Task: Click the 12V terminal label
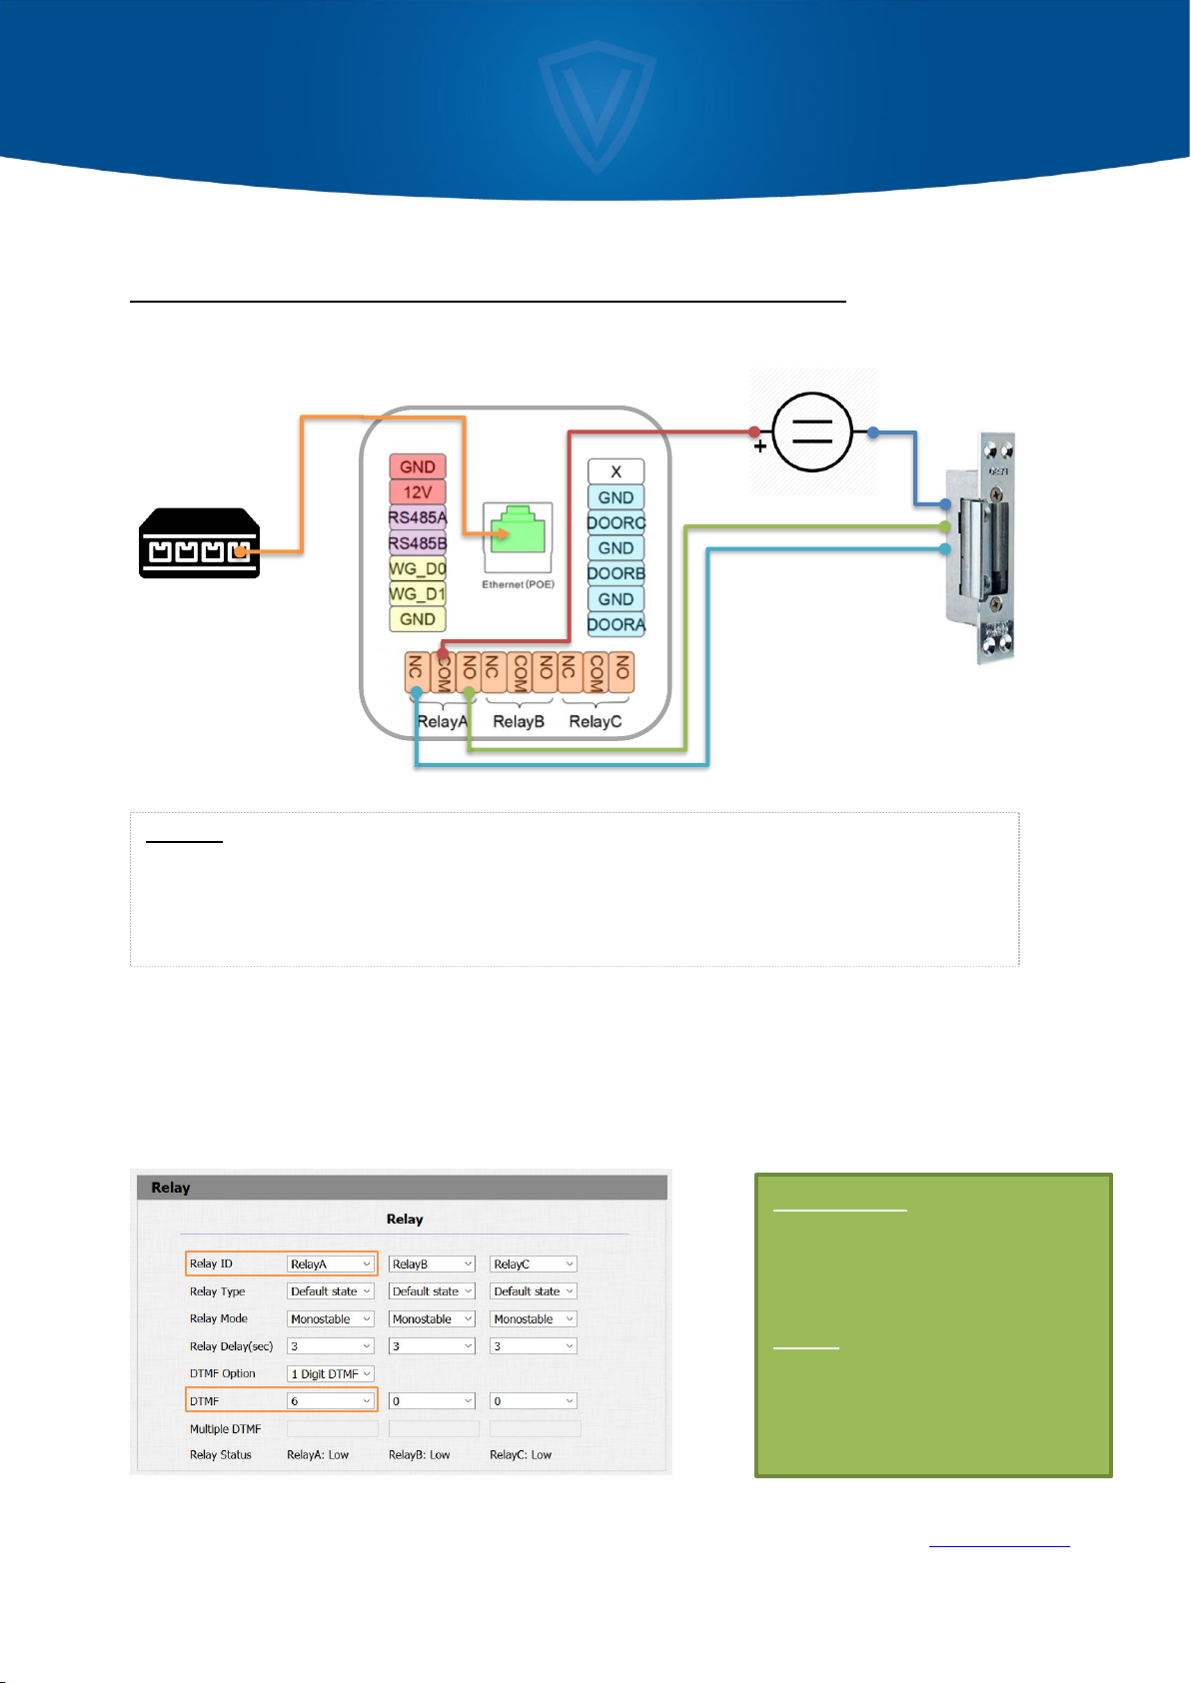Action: pos(417,492)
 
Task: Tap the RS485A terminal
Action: pos(417,518)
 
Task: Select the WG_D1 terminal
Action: pos(417,594)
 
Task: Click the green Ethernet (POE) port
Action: pos(516,529)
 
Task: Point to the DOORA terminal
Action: pos(615,625)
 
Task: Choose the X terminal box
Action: pos(615,471)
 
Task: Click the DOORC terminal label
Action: pos(615,522)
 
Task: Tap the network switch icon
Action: pos(200,544)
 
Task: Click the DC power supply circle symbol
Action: pos(812,432)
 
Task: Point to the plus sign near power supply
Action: pos(760,447)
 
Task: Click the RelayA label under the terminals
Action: pos(442,721)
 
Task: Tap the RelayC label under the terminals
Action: pos(595,721)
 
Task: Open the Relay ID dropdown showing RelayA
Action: pos(331,1264)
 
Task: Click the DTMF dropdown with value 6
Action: pos(331,1401)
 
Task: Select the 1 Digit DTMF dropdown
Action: pos(331,1374)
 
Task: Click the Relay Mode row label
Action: pos(219,1319)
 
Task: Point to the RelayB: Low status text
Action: pos(419,1455)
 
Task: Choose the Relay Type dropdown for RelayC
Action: pos(534,1291)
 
